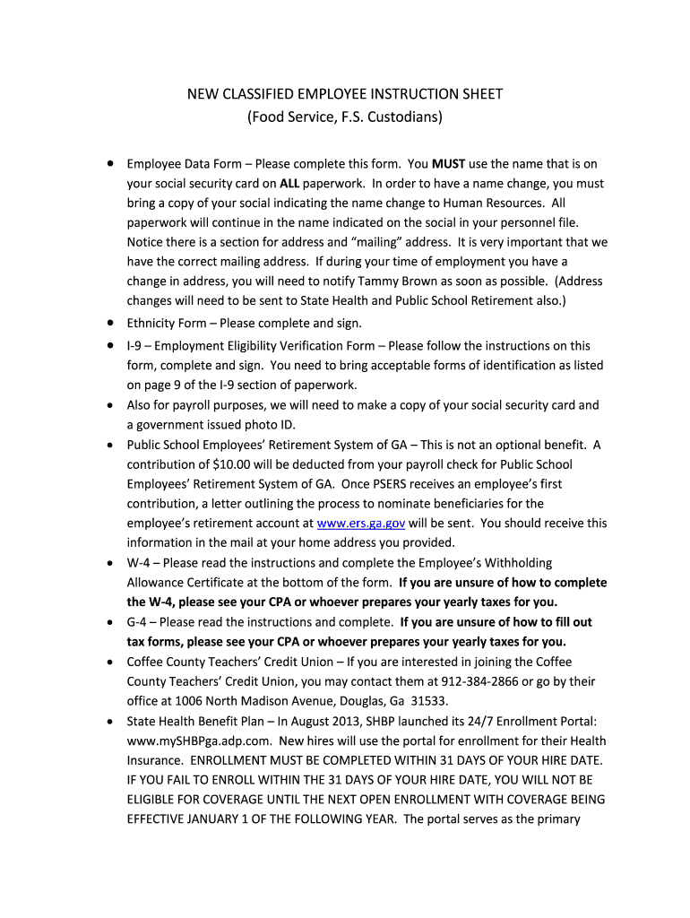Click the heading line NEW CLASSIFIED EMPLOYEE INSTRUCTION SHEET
[x=344, y=94]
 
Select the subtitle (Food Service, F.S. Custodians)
[x=345, y=117]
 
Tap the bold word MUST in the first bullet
[x=449, y=164]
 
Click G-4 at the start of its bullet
[x=141, y=621]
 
